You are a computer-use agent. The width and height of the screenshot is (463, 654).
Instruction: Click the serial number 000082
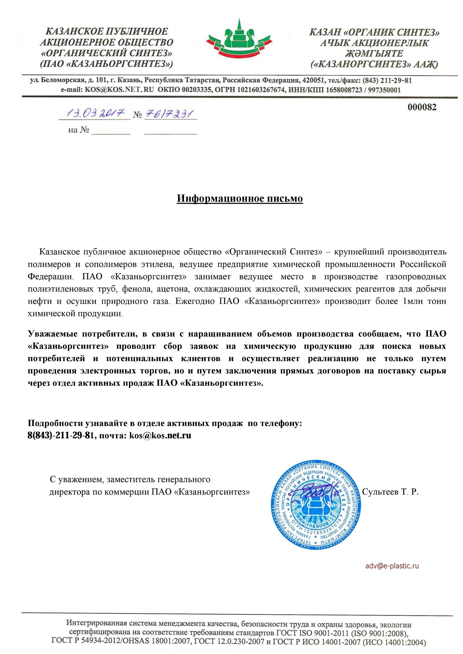[422, 107]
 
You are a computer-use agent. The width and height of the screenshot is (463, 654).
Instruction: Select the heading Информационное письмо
[240, 199]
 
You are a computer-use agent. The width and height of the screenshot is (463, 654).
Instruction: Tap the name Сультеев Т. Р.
[390, 492]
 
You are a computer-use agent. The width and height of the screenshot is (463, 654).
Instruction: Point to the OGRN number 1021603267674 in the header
[261, 90]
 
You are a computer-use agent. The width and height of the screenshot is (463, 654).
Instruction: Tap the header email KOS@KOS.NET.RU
[119, 90]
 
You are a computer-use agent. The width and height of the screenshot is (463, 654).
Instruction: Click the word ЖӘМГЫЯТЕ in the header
[374, 53]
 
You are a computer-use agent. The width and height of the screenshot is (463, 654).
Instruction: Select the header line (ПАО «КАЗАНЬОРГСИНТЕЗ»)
[106, 64]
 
